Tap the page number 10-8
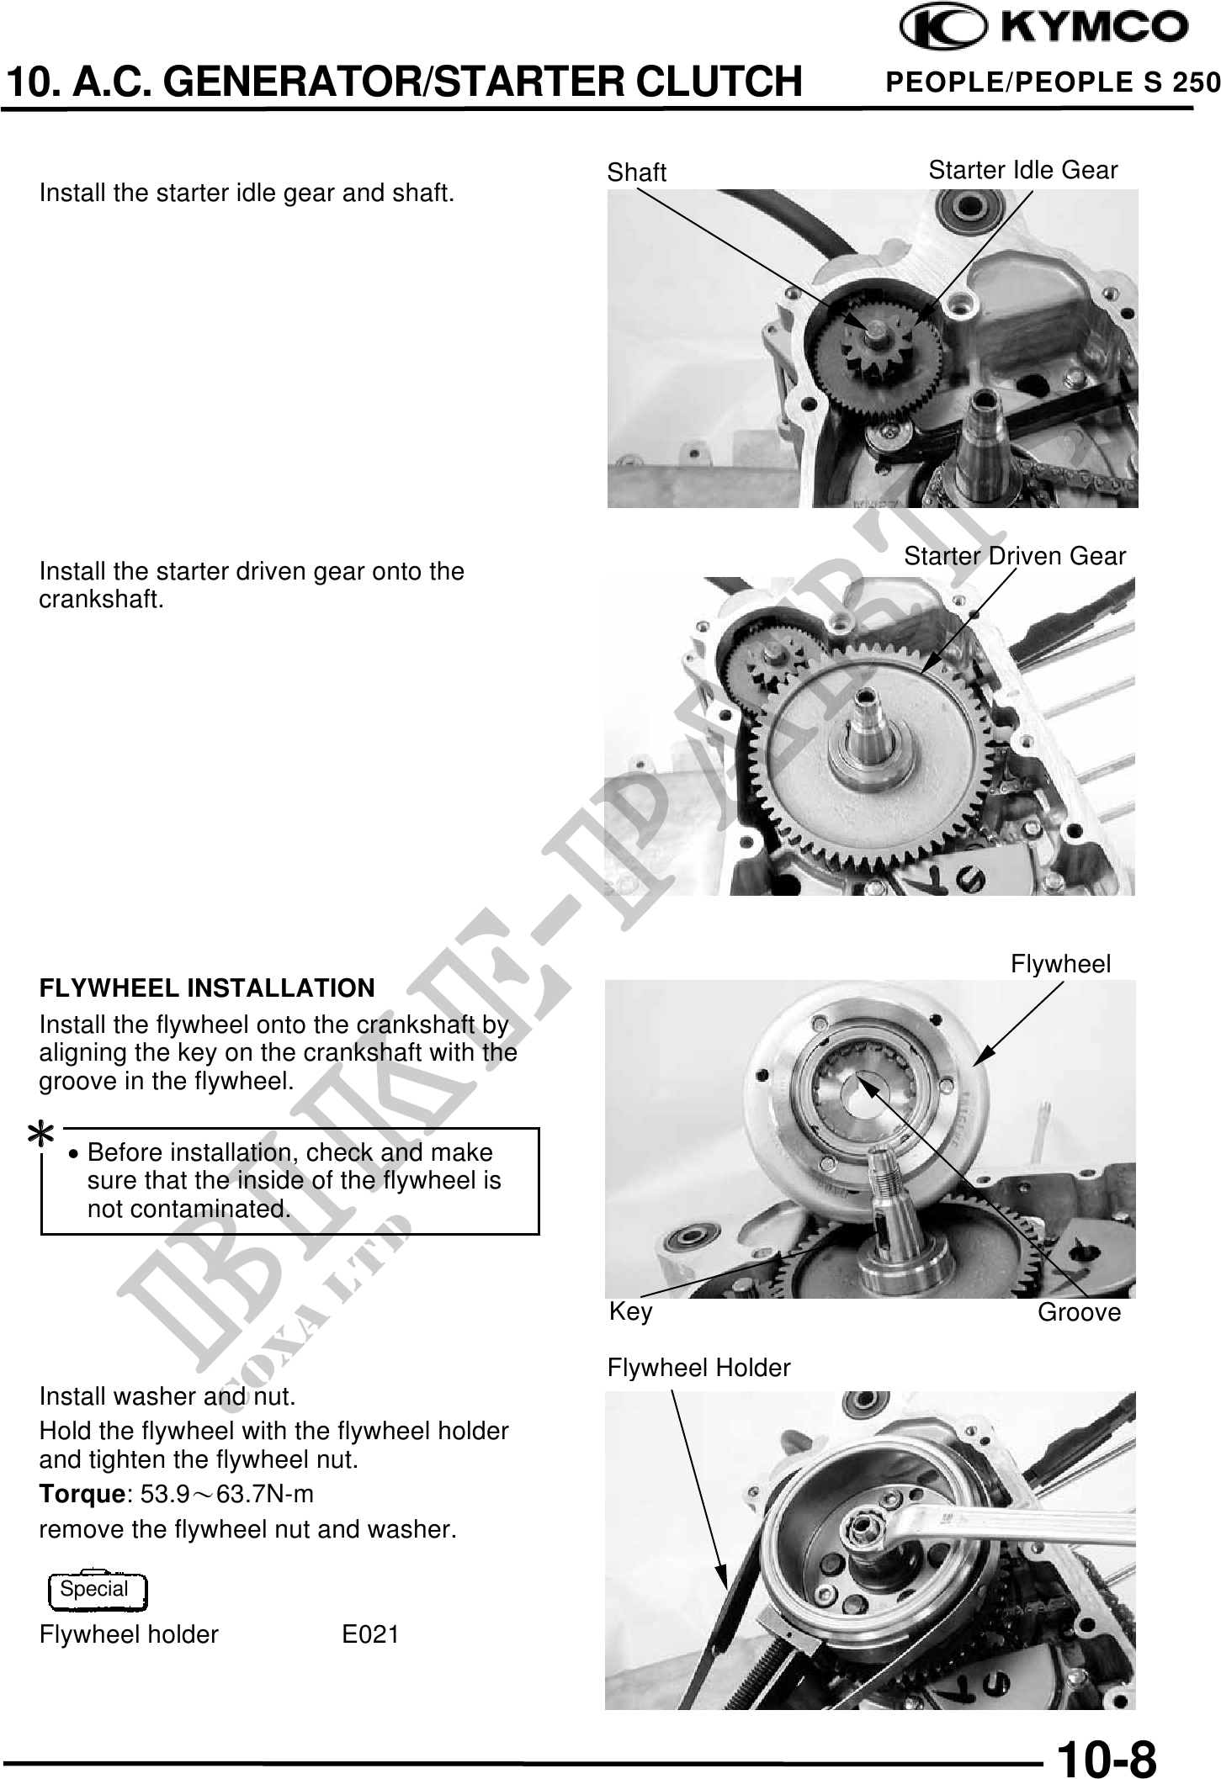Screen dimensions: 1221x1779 click(1107, 1756)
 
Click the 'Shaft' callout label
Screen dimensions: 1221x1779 click(636, 172)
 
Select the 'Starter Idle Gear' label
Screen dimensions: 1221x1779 click(1023, 170)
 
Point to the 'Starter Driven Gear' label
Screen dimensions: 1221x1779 click(1015, 556)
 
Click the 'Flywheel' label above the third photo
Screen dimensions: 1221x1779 click(1060, 964)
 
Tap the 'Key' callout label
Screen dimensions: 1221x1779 click(630, 1311)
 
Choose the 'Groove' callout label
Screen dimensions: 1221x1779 click(1079, 1312)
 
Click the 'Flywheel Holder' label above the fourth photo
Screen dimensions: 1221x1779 click(699, 1368)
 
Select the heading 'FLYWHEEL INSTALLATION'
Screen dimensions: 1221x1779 click(207, 987)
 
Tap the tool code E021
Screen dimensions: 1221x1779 click(370, 1634)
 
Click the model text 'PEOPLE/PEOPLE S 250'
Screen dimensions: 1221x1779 click(1054, 82)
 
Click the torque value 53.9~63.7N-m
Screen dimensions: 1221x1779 click(226, 1495)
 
